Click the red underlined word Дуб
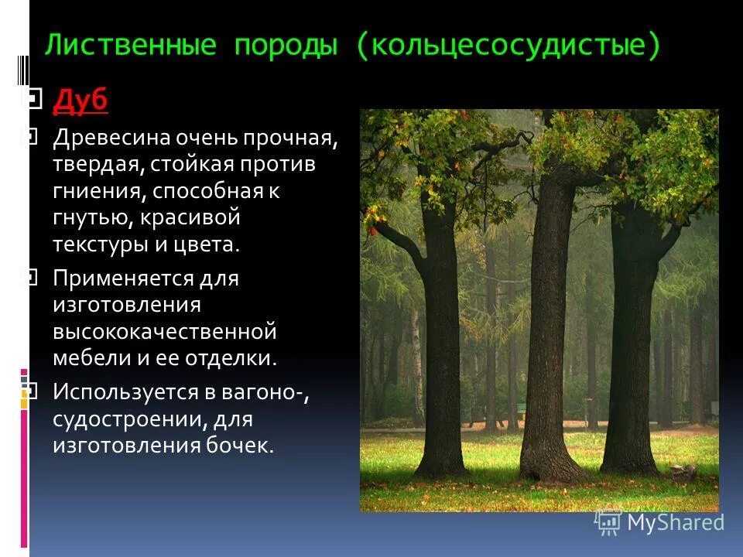pos(80,101)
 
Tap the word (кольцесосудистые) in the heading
pos(508,46)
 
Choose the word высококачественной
pos(164,331)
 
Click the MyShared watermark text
pos(675,522)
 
